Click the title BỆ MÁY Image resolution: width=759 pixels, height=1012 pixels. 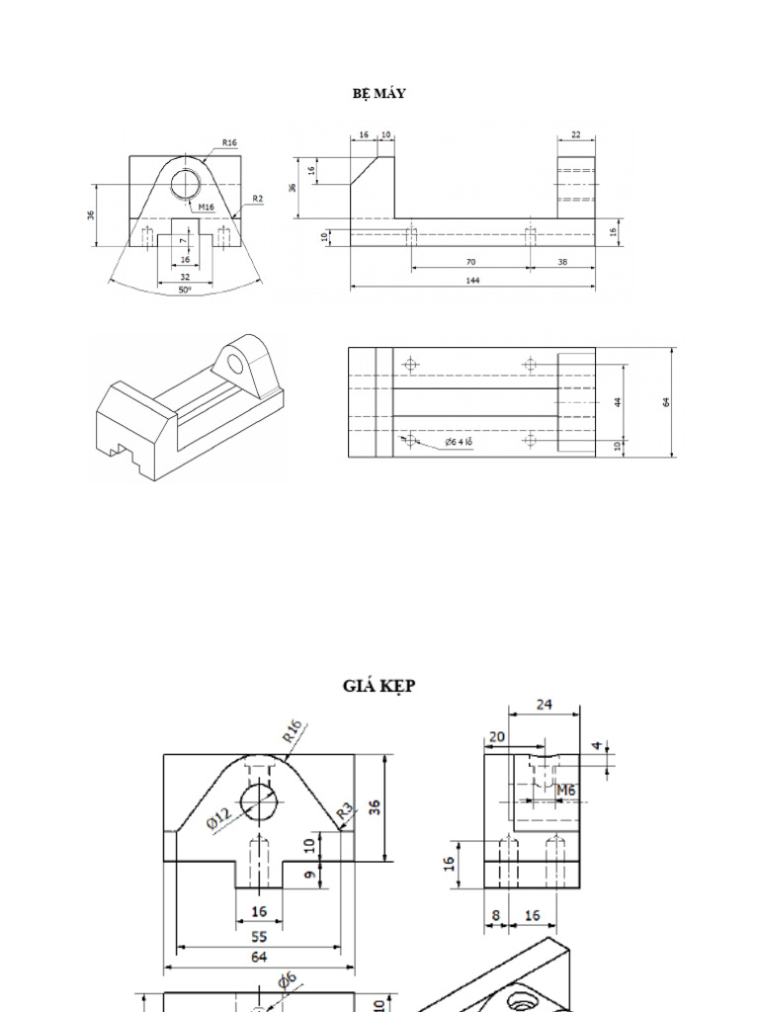379,94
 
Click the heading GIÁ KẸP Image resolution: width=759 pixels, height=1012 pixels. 379,685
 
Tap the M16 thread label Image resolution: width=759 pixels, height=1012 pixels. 206,208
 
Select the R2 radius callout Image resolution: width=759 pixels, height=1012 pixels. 256,199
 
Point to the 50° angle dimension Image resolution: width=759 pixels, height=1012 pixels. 185,291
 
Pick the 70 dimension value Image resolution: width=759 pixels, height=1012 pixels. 470,262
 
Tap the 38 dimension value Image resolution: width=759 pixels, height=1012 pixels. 561,262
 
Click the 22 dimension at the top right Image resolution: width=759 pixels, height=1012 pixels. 576,134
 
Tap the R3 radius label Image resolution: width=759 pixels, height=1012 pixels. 344,811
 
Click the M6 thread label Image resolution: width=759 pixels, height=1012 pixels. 565,790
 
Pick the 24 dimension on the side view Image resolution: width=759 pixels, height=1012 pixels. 545,704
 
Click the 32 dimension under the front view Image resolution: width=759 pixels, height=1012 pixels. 185,278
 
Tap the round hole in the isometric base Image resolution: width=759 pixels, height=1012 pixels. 237,363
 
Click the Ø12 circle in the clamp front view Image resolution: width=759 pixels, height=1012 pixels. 260,801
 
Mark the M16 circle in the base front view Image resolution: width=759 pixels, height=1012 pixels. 185,184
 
